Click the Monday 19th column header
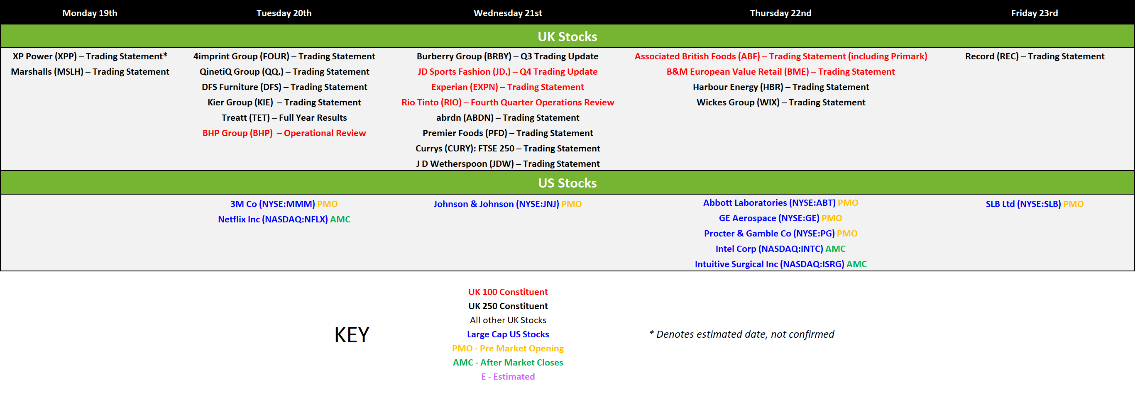90,13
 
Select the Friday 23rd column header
1035,13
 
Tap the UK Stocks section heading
567,37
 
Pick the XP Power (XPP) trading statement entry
90,56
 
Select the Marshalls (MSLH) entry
90,72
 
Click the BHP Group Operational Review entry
284,133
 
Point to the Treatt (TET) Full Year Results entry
284,117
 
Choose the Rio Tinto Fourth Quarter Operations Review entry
508,102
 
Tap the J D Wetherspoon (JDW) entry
508,164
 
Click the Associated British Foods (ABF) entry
781,56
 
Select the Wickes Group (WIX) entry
781,102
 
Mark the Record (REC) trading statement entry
1035,56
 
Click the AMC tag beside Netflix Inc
340,219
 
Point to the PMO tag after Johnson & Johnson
572,204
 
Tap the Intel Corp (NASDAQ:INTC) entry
781,249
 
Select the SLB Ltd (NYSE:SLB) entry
1035,204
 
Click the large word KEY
352,335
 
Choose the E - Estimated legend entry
508,376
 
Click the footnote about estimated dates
741,334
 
